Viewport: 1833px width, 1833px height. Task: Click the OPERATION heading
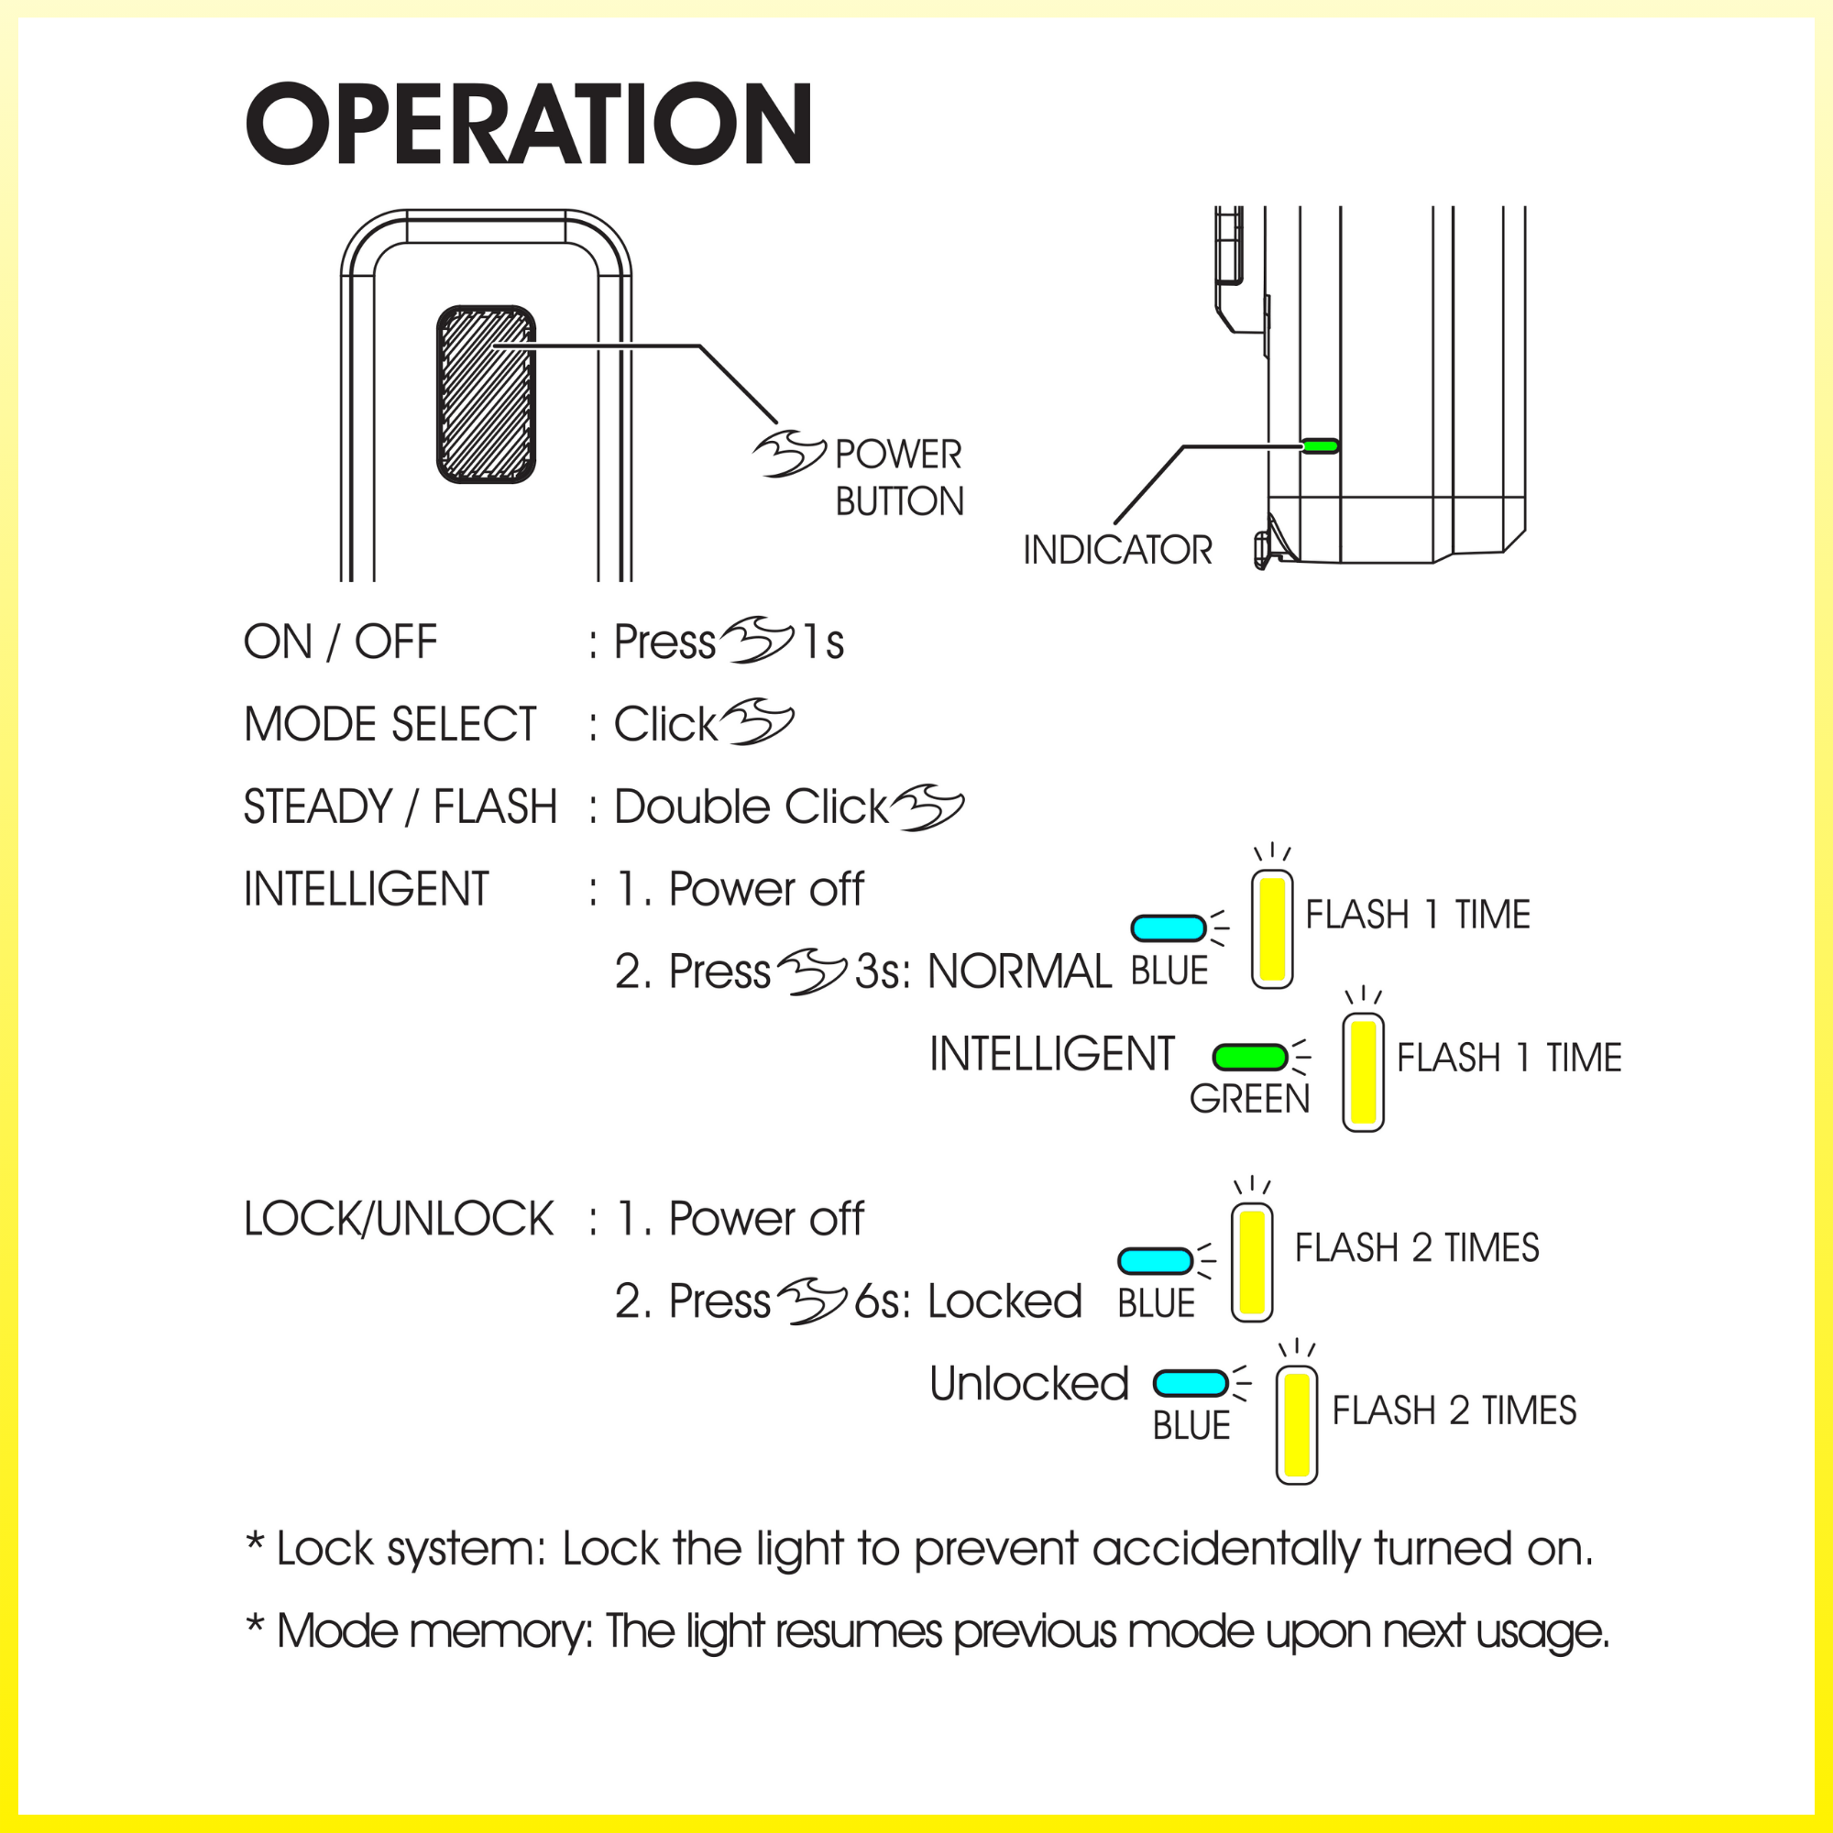point(528,125)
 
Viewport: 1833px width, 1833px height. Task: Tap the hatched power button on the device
point(486,394)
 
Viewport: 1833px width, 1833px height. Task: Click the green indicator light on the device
point(1320,445)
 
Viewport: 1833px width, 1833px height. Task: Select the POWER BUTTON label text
point(897,477)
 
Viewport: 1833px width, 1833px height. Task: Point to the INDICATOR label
point(1116,550)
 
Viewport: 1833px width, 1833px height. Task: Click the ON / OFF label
point(340,642)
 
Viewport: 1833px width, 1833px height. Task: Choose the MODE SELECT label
point(390,725)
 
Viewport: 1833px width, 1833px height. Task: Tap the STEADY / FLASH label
point(400,807)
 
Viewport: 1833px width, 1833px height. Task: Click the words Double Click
point(750,807)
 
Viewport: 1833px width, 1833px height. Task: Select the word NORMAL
point(1019,971)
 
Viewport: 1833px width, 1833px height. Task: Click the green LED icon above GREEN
point(1249,1056)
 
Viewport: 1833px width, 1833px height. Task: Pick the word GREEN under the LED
point(1248,1099)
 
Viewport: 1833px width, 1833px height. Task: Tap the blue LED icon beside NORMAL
point(1168,927)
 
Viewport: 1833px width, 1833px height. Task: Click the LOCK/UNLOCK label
point(399,1219)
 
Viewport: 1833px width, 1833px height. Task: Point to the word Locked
point(1004,1301)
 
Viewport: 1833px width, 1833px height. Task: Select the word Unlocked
point(1028,1384)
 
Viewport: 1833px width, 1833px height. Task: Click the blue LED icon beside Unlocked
point(1191,1383)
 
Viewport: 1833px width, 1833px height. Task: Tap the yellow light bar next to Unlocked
point(1296,1425)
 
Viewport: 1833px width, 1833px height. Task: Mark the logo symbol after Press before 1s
point(756,641)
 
